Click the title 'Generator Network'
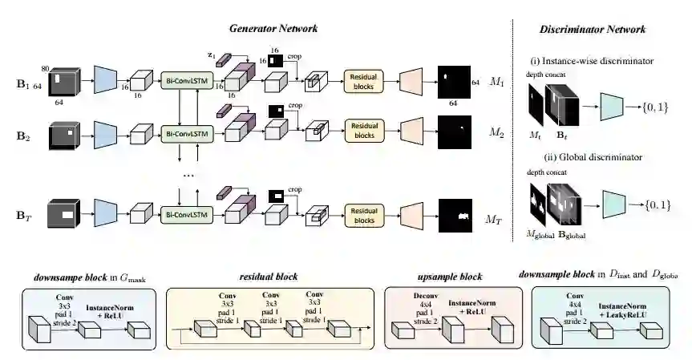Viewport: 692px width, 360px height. click(x=273, y=28)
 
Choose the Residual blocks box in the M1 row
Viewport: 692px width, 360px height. click(x=364, y=80)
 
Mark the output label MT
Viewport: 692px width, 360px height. click(x=497, y=218)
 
